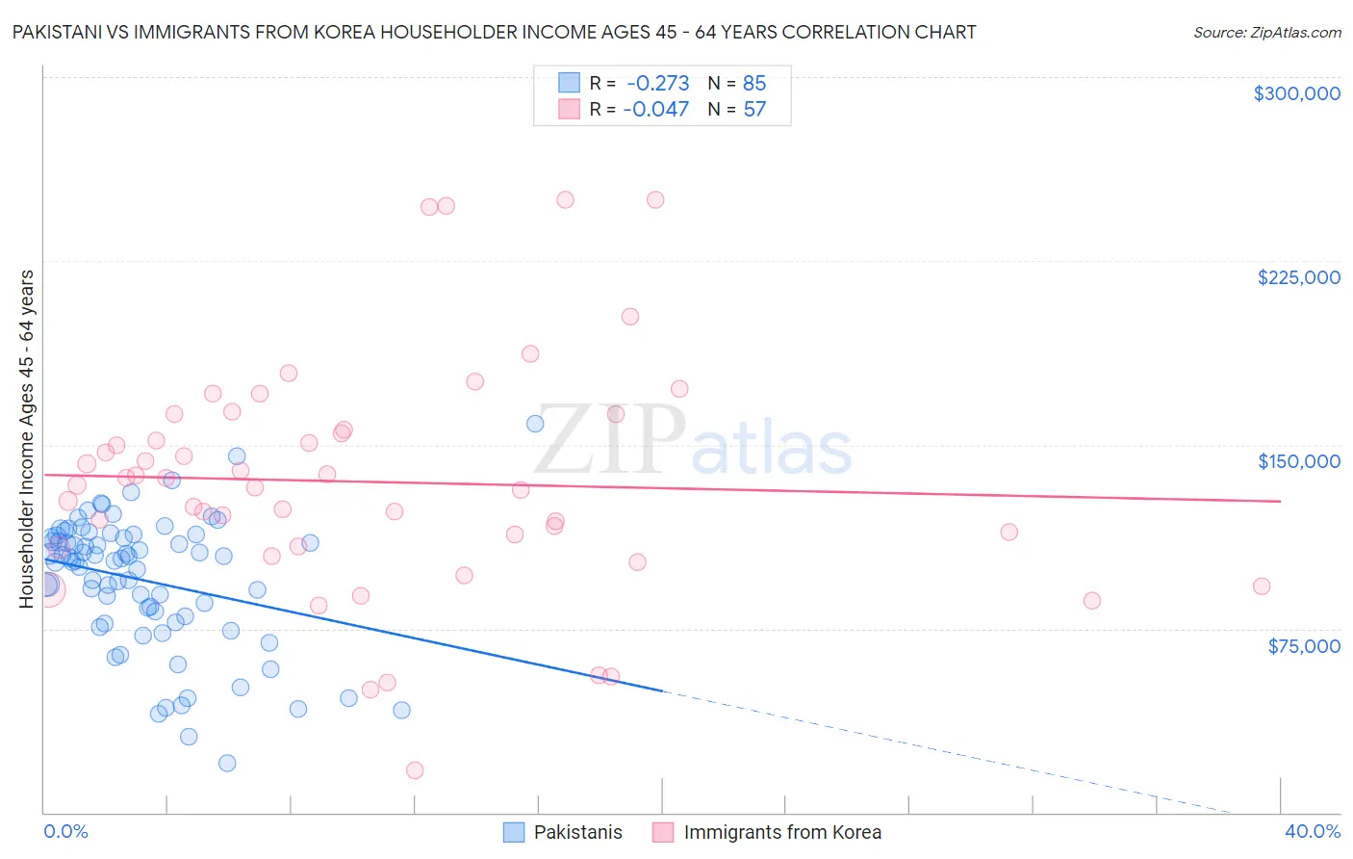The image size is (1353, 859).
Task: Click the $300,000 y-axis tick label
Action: point(1296,93)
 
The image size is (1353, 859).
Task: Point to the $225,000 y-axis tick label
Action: point(1298,277)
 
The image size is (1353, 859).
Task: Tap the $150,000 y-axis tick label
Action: point(1298,461)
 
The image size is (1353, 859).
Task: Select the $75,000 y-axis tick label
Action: point(1303,646)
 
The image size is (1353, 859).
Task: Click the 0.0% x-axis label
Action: point(65,831)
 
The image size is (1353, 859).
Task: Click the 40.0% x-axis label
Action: point(1312,831)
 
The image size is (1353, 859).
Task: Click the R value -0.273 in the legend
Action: point(657,83)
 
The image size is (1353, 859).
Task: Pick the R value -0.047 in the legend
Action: point(655,109)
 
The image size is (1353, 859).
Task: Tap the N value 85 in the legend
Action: point(753,83)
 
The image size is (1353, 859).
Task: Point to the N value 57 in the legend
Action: point(753,109)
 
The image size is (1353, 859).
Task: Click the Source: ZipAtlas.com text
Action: point(1266,33)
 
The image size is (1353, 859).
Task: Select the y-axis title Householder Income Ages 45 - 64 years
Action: point(26,439)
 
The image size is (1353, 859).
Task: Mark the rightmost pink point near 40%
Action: point(1261,586)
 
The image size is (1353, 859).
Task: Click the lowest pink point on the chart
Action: point(415,769)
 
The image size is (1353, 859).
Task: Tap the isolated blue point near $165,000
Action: point(536,424)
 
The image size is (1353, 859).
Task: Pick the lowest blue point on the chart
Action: point(227,763)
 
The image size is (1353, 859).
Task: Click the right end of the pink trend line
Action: point(1280,501)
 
